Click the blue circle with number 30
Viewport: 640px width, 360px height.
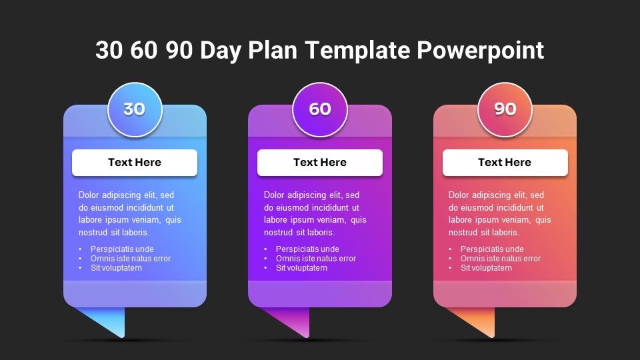pyautogui.click(x=135, y=109)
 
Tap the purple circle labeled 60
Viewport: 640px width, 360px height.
pyautogui.click(x=320, y=109)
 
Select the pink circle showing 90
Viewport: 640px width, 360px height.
pyautogui.click(x=505, y=109)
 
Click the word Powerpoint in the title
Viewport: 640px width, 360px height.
pyautogui.click(x=481, y=51)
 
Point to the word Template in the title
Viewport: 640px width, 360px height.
pyautogui.click(x=357, y=50)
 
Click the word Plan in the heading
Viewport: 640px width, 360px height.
pyautogui.click(x=272, y=50)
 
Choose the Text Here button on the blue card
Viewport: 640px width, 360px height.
pyautogui.click(x=135, y=163)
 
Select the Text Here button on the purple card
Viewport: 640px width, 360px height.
pyautogui.click(x=320, y=163)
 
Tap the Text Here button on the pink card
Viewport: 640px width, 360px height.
pyautogui.click(x=505, y=163)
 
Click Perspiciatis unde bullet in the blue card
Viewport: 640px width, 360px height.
pyautogui.click(x=122, y=249)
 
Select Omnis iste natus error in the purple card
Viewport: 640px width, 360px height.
pyautogui.click(x=316, y=259)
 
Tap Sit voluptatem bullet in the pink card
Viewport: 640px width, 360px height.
pyautogui.click(x=486, y=268)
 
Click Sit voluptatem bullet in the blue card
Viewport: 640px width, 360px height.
pyautogui.click(x=116, y=268)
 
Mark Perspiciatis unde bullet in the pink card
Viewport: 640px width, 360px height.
pyautogui.click(x=492, y=249)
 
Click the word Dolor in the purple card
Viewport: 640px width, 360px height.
pyautogui.click(x=274, y=195)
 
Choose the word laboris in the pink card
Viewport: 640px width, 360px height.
pyautogui.click(x=505, y=232)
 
